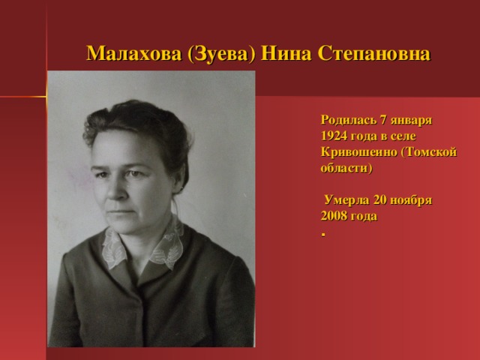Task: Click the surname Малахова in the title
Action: [x=134, y=54]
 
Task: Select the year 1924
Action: [x=334, y=135]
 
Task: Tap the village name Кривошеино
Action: [x=357, y=151]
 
